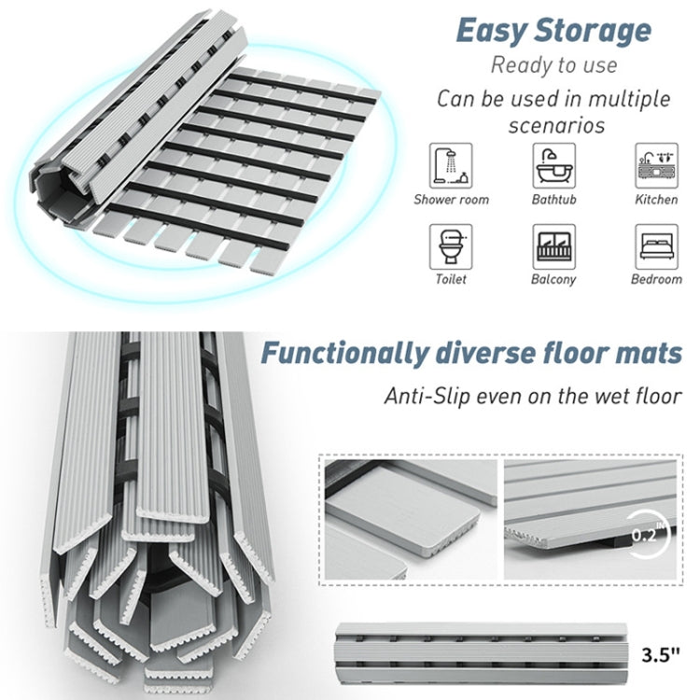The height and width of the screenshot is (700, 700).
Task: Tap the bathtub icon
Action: click(x=553, y=166)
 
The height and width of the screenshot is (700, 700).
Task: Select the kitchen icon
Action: click(x=656, y=166)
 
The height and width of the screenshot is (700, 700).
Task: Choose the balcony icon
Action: click(x=553, y=246)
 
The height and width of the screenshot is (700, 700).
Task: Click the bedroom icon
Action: click(x=656, y=246)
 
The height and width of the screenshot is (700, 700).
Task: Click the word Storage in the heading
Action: click(x=592, y=31)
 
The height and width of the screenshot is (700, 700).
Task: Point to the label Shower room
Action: click(x=452, y=200)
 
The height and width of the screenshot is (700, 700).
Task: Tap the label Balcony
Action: click(x=553, y=279)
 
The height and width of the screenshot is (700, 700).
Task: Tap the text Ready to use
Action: click(x=554, y=65)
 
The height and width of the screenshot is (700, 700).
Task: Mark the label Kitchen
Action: click(x=656, y=200)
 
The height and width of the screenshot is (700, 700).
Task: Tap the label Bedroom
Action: click(x=656, y=279)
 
